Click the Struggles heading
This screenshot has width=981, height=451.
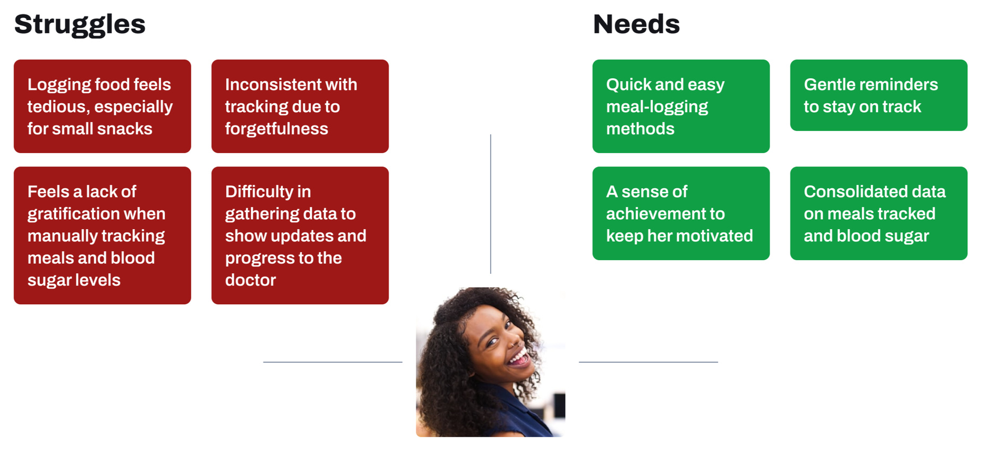tap(80, 25)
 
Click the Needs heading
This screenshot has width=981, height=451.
tap(636, 24)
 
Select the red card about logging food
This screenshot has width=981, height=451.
tap(103, 106)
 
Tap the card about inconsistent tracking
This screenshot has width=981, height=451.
tap(300, 106)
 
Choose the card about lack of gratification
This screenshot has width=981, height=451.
tap(103, 236)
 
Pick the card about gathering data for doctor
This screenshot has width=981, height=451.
tap(300, 236)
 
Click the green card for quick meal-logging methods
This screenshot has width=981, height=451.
tap(681, 106)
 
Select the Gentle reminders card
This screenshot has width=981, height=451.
tap(878, 95)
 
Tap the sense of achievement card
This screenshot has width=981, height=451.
tap(681, 213)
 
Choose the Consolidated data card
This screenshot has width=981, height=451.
tap(878, 213)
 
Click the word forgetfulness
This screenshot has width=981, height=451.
tap(276, 129)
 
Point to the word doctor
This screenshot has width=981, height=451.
tap(250, 280)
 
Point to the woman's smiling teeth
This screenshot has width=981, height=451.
tap(519, 356)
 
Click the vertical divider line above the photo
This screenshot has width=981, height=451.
tap(491, 204)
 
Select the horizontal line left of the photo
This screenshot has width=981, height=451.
tap(332, 362)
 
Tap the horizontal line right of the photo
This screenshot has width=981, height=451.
tap(649, 362)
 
